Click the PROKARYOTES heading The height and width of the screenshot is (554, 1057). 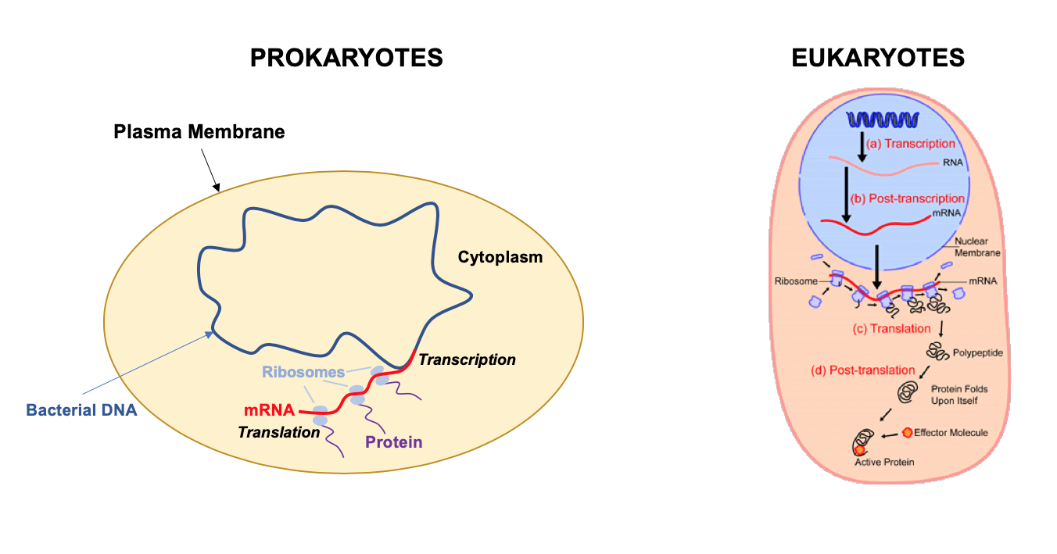[x=346, y=58]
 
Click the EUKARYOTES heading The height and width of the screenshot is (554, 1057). [x=878, y=58]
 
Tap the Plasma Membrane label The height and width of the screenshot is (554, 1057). [x=199, y=131]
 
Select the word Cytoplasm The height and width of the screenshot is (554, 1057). [x=500, y=256]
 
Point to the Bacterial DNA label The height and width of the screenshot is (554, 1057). [x=81, y=409]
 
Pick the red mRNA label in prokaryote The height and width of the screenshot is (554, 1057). [x=269, y=409]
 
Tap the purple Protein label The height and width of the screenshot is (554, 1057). [x=393, y=442]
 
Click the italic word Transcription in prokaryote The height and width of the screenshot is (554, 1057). [x=467, y=359]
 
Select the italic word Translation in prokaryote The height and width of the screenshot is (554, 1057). [x=279, y=431]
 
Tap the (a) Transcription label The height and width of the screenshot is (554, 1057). [x=910, y=144]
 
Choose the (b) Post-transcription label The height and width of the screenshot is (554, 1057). [x=912, y=199]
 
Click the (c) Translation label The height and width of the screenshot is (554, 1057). [x=891, y=329]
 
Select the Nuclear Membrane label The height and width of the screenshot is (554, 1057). [x=977, y=247]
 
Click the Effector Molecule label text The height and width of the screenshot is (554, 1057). [x=950, y=432]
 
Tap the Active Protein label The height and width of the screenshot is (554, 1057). [x=883, y=462]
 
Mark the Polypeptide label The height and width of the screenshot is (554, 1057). [x=977, y=352]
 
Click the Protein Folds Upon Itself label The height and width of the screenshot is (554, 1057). [x=955, y=395]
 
